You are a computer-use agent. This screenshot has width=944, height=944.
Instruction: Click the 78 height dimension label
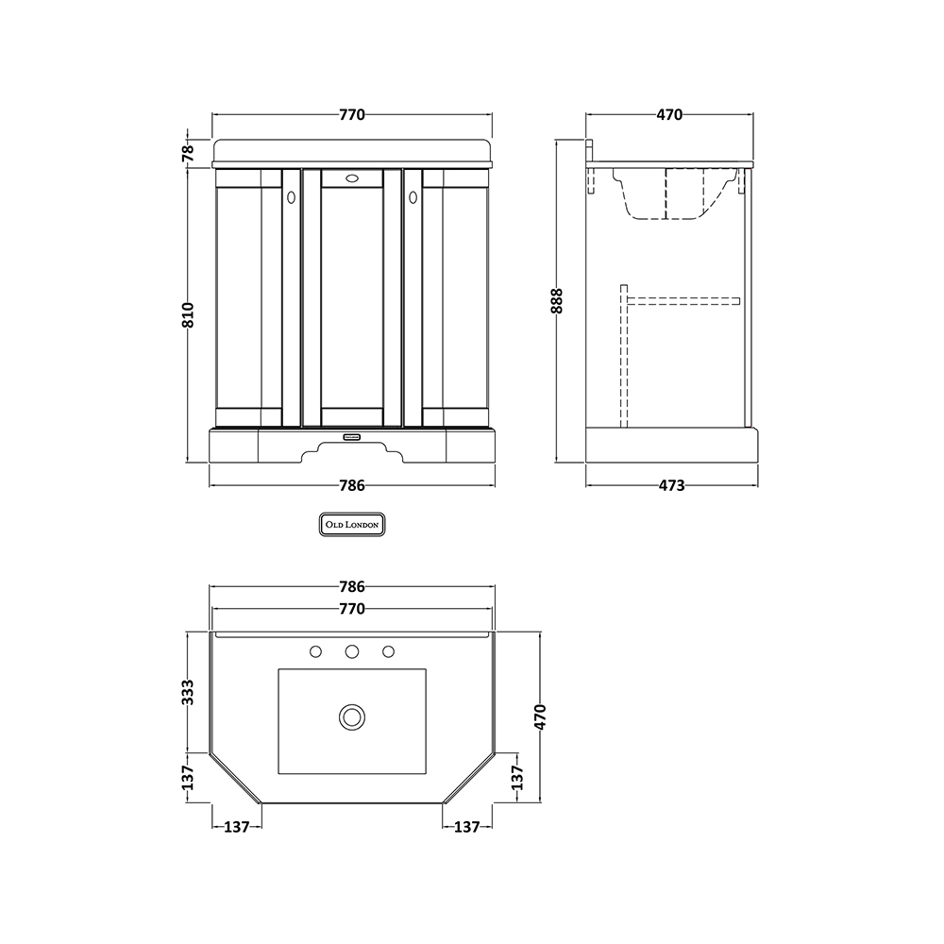(189, 154)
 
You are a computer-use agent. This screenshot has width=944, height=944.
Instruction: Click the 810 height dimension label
(189, 315)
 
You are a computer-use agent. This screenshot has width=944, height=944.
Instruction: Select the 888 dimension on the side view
(557, 301)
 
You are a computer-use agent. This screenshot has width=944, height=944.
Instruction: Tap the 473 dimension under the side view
(671, 486)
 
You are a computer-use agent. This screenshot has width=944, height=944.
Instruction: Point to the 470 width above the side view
(669, 114)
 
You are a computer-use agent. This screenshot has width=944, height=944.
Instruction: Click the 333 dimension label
(189, 692)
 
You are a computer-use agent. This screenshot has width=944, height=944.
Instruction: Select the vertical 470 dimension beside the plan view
(540, 717)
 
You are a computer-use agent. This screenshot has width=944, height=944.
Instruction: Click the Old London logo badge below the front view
(351, 524)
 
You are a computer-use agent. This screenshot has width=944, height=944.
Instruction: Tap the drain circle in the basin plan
(351, 717)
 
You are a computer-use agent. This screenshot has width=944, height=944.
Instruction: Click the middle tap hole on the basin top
(352, 651)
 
